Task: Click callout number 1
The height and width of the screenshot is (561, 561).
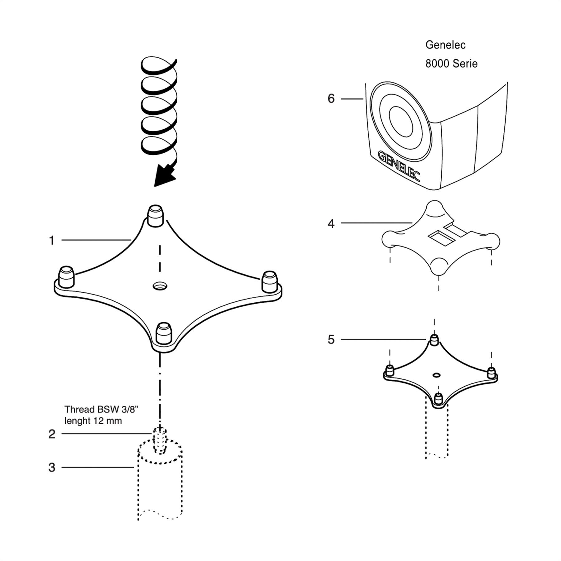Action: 52,241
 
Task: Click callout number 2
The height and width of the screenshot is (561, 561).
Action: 52,434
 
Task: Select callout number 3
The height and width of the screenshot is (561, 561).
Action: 52,467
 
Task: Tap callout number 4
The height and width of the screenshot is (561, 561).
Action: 331,223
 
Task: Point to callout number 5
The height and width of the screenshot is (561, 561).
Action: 331,339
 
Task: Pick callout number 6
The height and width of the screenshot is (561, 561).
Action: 331,99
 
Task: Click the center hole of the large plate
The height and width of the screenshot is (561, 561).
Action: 160,286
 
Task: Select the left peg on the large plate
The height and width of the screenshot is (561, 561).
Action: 66,276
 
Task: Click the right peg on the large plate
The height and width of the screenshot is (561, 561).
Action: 270,281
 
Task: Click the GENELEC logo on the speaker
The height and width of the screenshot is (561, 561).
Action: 399,166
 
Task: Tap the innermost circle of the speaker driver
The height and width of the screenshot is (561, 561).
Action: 401,122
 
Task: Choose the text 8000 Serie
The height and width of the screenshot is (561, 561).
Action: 451,64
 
